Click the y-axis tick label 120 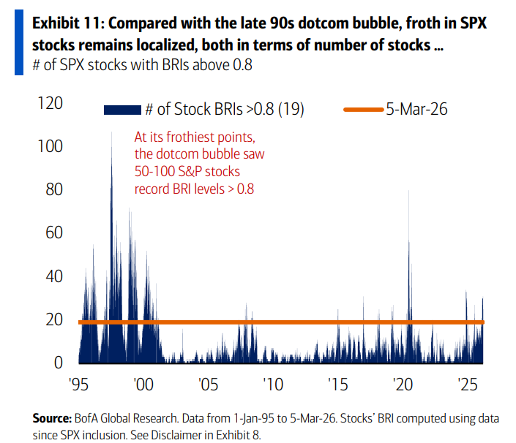coord(48,104)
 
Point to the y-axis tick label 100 coord(48,147)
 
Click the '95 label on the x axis coord(78,383)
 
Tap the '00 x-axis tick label coord(143,383)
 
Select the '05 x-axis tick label coord(208,383)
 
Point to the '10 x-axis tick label coord(272,383)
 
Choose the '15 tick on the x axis coord(337,383)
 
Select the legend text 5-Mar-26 coord(416,110)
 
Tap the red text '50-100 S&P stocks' coord(187,172)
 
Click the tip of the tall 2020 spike coord(408,191)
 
